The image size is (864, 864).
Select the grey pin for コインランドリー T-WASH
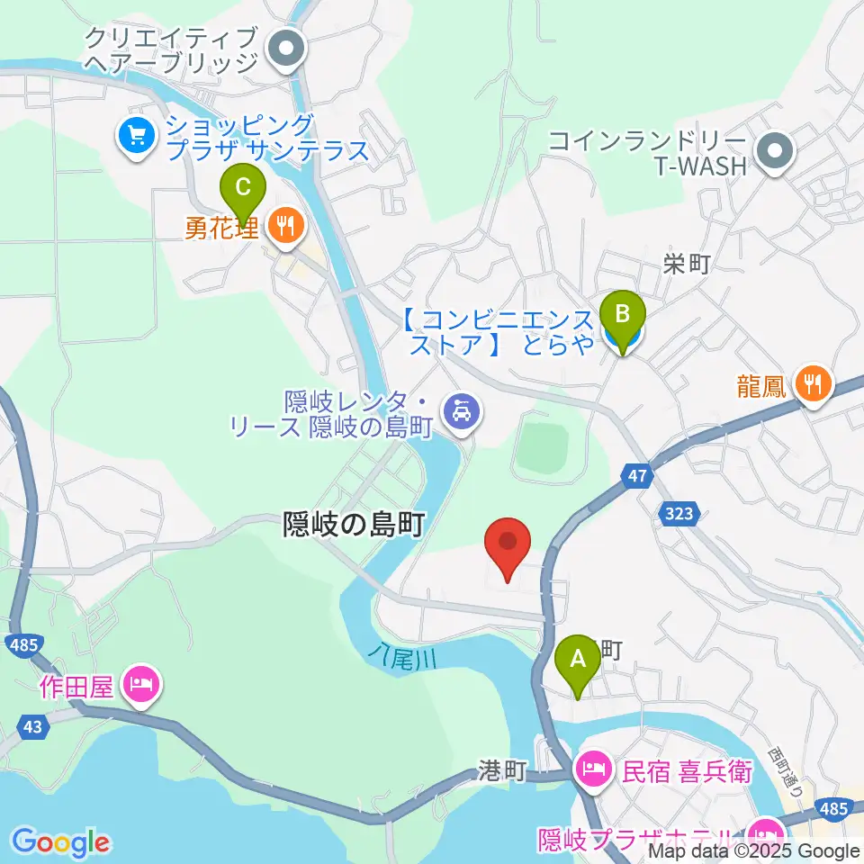[x=774, y=151]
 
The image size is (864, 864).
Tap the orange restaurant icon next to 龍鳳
[x=814, y=386]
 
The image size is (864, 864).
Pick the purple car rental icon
[x=463, y=413]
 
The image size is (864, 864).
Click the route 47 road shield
[x=636, y=475]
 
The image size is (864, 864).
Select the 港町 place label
[x=501, y=771]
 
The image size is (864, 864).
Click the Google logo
[x=60, y=841]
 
